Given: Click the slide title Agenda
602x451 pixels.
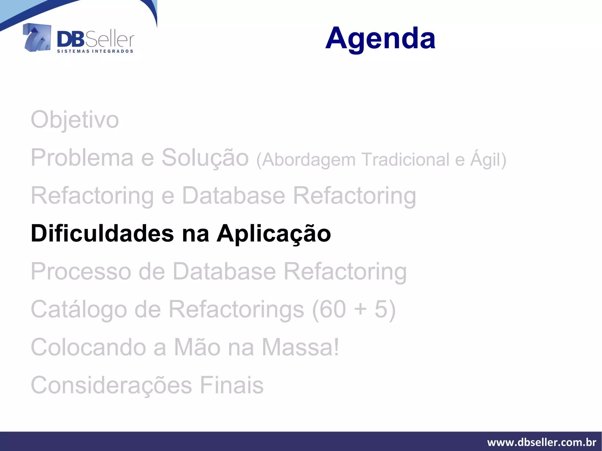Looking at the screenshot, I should (380, 38).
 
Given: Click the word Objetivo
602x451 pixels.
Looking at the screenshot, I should (75, 120).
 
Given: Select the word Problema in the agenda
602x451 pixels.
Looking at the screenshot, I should (82, 158).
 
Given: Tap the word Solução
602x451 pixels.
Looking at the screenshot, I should (205, 158).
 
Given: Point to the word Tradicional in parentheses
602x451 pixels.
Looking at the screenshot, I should (405, 160).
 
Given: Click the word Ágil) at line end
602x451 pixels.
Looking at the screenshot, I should (488, 160).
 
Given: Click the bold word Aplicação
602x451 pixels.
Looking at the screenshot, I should (274, 234).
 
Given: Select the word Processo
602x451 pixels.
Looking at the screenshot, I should (81, 271).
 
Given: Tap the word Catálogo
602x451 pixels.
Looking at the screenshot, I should (78, 309).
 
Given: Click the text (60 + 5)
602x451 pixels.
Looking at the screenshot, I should (354, 309).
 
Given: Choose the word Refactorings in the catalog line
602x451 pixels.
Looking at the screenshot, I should (236, 309).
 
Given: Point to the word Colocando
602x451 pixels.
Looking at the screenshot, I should (88, 347).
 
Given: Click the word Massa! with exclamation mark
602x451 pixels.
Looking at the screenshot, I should (300, 347).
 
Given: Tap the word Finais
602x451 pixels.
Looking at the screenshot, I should (232, 385).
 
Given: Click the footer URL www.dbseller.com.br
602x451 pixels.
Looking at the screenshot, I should (541, 442).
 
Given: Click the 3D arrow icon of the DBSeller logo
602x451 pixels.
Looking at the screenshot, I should (37, 38).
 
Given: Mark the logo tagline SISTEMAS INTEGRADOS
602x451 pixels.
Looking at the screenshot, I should (95, 51).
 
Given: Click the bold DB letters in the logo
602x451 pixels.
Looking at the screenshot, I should (71, 39).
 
